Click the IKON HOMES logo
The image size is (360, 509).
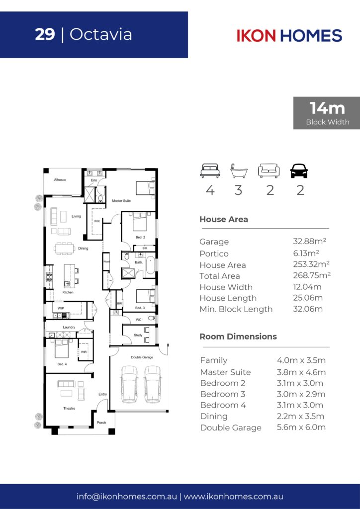pyautogui.click(x=289, y=35)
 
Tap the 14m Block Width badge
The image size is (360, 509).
pyautogui.click(x=327, y=113)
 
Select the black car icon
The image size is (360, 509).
pyautogui.click(x=299, y=171)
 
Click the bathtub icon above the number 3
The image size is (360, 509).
pyautogui.click(x=239, y=171)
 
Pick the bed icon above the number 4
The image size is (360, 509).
pyautogui.click(x=210, y=171)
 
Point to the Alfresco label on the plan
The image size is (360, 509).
pyautogui.click(x=60, y=180)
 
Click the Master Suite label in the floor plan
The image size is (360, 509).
pyautogui.click(x=121, y=201)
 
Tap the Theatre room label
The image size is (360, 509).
pyautogui.click(x=69, y=409)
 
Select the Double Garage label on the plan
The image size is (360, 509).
pyautogui.click(x=142, y=357)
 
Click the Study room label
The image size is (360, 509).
pyautogui.click(x=138, y=335)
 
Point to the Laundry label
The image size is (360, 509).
pyautogui.click(x=69, y=327)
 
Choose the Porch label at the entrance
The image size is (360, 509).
pyautogui.click(x=101, y=423)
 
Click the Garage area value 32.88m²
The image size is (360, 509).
pyautogui.click(x=309, y=241)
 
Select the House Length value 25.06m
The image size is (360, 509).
pyautogui.click(x=308, y=298)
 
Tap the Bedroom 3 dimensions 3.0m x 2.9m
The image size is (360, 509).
pyautogui.click(x=301, y=394)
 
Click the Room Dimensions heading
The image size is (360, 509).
pyautogui.click(x=238, y=337)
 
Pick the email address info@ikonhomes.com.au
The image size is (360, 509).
pyautogui.click(x=127, y=497)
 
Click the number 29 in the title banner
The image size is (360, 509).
pyautogui.click(x=45, y=34)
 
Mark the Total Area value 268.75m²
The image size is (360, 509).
pyautogui.click(x=312, y=275)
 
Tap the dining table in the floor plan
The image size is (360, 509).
pyautogui.click(x=64, y=249)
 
